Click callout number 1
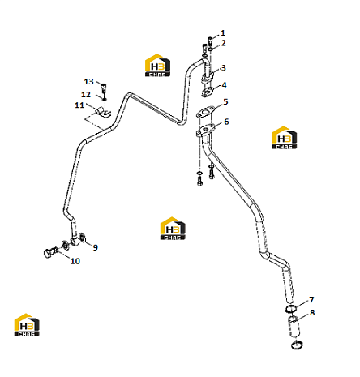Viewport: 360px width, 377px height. click(223, 33)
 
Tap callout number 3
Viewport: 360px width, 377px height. click(223, 68)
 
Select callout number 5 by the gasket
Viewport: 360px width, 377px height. click(225, 102)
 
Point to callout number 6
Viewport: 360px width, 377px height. click(226, 122)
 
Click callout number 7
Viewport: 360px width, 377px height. click(311, 300)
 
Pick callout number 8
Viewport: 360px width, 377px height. click(312, 313)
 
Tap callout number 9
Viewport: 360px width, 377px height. click(95, 247)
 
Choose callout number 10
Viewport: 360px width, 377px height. click(75, 261)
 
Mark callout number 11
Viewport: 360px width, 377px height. click(79, 105)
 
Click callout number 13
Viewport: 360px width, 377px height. click(88, 82)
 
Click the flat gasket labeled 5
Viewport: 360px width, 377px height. click(206, 113)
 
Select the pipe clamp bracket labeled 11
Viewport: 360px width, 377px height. click(103, 113)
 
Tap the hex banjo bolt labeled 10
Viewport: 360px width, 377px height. click(50, 253)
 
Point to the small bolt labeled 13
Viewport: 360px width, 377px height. click(104, 88)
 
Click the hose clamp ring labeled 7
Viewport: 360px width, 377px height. click(291, 309)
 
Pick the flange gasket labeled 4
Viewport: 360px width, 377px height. click(208, 92)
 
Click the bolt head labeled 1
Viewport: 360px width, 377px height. click(210, 41)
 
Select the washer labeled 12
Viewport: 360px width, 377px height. click(104, 100)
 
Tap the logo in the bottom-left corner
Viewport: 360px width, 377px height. click(27, 325)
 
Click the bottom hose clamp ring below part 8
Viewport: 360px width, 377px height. click(297, 345)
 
